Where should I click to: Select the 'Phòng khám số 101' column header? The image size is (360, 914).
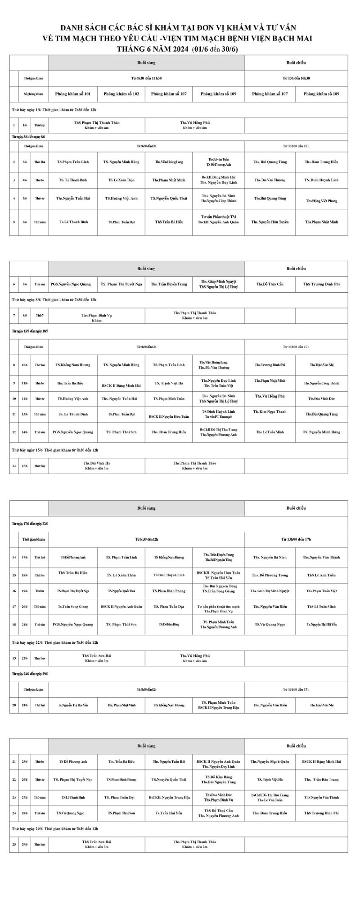tap(73, 94)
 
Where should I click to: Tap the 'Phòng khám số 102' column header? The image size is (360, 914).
tap(121, 94)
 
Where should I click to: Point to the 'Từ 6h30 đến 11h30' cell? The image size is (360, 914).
tap(146, 78)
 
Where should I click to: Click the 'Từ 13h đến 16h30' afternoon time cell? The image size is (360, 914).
tap(296, 78)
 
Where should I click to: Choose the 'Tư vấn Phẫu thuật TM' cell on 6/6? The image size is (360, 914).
tap(219, 217)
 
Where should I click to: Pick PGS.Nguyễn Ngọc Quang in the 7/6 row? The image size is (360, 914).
tap(71, 284)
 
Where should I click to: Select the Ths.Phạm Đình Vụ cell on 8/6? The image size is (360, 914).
tap(96, 316)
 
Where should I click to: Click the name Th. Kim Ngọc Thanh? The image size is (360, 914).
tap(270, 412)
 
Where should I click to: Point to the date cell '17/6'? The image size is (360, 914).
tap(25, 557)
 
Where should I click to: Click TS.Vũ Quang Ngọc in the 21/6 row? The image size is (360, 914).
tap(270, 624)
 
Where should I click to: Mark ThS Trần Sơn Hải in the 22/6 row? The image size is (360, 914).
tap(97, 656)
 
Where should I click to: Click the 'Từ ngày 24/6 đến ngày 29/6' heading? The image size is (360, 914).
tap(30, 674)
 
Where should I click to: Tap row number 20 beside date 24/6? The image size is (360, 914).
tap(14, 705)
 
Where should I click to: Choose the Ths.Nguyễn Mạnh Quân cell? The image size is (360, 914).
tap(270, 761)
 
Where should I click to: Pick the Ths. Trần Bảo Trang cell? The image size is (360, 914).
tap(321, 779)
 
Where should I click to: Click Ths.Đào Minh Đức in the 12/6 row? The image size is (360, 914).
tap(321, 399)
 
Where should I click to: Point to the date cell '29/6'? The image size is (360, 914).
tap(25, 844)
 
